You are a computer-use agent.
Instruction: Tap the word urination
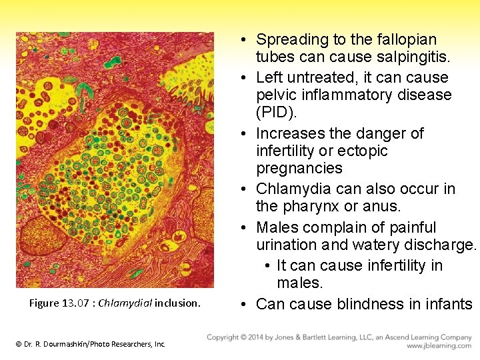tap(289, 245)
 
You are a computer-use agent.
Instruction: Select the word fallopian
tap(403, 39)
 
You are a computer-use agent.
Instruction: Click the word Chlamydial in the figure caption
tap(126, 303)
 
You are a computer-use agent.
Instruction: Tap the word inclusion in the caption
tap(177, 303)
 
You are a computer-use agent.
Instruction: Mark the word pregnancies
tap(299, 168)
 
